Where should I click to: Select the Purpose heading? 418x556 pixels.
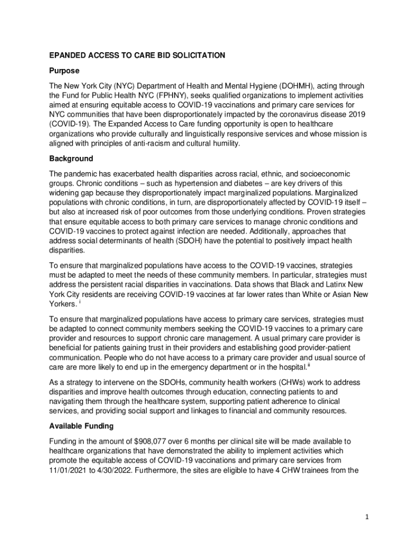click(x=65, y=71)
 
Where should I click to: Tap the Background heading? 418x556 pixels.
click(x=72, y=159)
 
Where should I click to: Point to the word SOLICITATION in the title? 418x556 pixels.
click(x=193, y=55)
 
